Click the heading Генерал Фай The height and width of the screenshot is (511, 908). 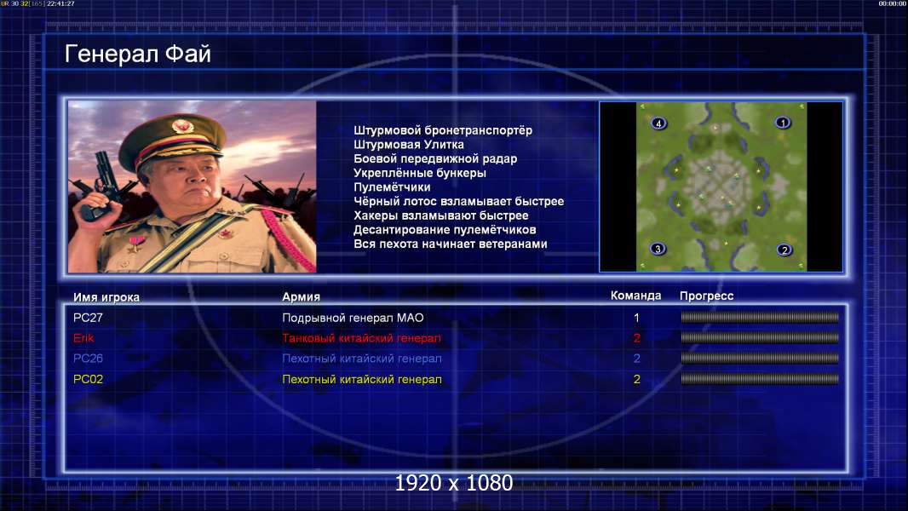tap(138, 54)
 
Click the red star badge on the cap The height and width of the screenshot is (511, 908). tap(181, 125)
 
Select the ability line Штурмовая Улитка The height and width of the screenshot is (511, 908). tap(409, 145)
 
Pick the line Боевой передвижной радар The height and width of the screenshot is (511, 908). tap(435, 158)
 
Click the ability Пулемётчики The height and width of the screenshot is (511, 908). tap(392, 187)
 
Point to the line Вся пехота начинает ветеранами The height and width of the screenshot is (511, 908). tap(451, 244)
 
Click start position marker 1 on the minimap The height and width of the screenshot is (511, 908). tap(783, 123)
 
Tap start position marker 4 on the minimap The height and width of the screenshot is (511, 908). tap(658, 123)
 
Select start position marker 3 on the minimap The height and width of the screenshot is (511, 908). tap(658, 249)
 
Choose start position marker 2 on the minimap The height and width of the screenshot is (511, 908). tap(784, 250)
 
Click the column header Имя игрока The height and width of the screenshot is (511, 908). tap(106, 297)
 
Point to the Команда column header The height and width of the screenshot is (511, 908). tap(635, 296)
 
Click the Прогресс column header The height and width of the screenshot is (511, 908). tap(706, 296)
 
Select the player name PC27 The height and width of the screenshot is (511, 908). tap(88, 318)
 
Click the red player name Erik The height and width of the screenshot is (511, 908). tap(83, 338)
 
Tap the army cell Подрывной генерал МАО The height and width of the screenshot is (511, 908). tap(353, 318)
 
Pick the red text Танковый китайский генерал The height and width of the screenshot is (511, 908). tap(361, 338)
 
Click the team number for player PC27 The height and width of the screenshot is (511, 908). tap(636, 318)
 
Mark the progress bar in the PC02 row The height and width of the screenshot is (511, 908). tap(760, 379)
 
